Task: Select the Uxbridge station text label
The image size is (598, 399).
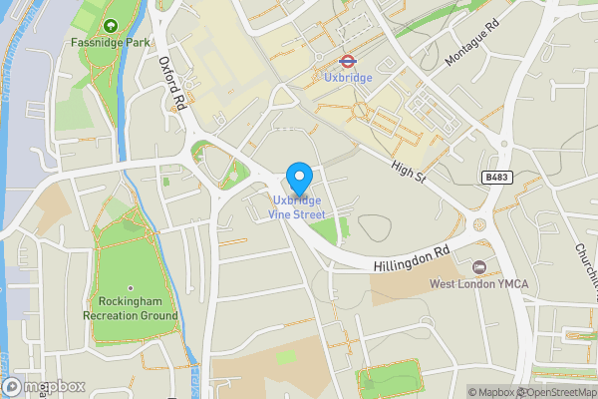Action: (349, 77)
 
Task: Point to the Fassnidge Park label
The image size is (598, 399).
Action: (110, 43)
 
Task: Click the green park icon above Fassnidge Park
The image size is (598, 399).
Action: (110, 25)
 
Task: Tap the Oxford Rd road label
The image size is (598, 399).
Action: (173, 81)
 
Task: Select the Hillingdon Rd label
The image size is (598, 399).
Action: (414, 259)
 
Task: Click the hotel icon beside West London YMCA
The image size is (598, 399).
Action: (479, 267)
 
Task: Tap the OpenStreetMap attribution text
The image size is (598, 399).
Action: (556, 392)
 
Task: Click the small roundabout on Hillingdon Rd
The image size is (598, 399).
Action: (481, 225)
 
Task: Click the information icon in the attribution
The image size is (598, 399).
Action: (459, 392)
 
